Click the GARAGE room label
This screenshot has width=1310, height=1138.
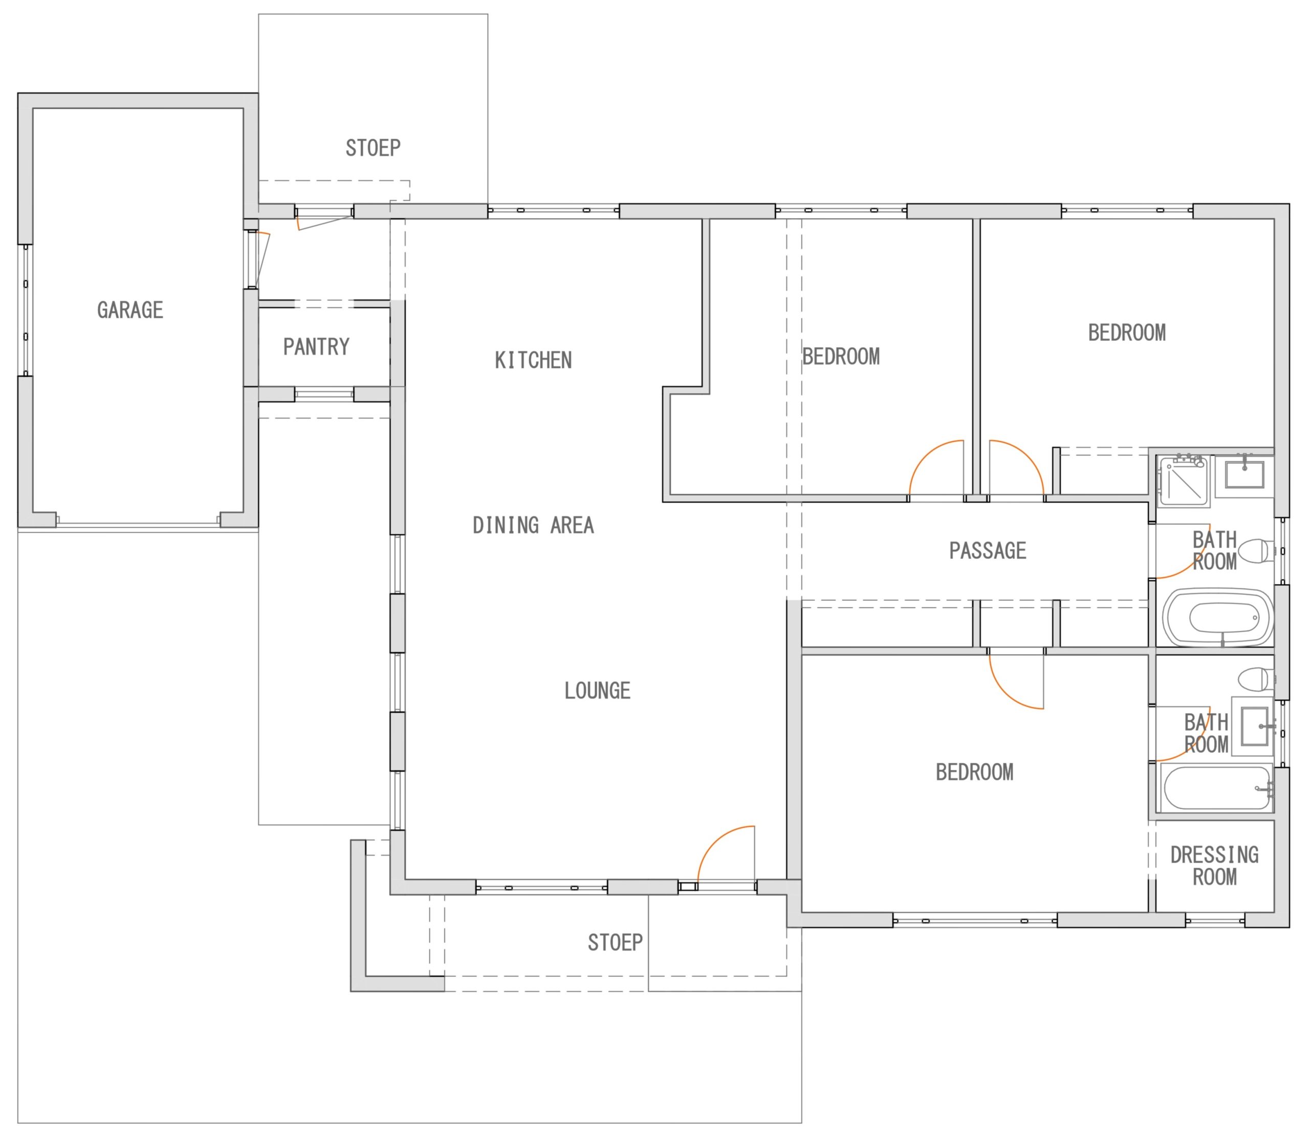click(130, 310)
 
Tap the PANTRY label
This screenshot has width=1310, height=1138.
click(316, 347)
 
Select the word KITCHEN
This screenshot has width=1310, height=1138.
click(533, 360)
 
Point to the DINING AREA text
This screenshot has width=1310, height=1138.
click(533, 525)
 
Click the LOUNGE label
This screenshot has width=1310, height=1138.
click(597, 690)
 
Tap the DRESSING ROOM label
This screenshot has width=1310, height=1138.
click(1214, 866)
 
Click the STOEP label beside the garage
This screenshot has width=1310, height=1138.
click(373, 148)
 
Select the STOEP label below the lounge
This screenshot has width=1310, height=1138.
click(615, 942)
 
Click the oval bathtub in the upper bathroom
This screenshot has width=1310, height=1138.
click(1218, 618)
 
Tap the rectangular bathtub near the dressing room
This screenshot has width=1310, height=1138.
click(1217, 787)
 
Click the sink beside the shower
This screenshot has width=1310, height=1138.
click(1244, 475)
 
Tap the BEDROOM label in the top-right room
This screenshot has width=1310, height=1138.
click(1127, 332)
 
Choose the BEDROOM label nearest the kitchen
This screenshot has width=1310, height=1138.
click(841, 356)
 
